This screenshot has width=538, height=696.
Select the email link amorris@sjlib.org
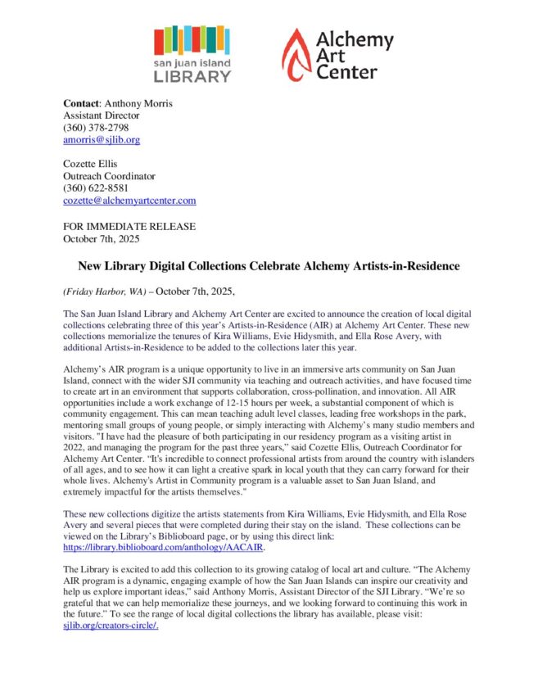(102, 139)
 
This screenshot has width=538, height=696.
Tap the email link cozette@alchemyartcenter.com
(129, 200)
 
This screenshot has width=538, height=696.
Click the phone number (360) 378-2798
(96, 127)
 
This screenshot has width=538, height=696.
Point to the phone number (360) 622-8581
(96, 188)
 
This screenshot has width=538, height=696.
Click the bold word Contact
(81, 103)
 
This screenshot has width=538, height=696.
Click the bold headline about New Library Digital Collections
(269, 266)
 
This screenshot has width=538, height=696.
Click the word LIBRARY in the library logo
(192, 76)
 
